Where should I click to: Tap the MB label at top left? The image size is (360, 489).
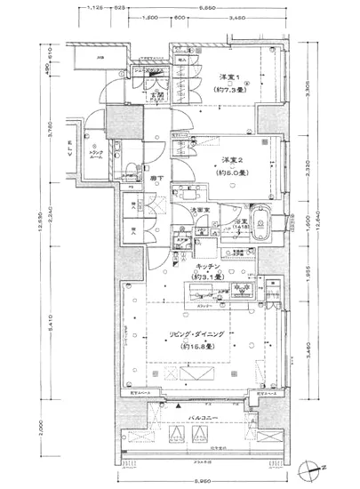click(100, 59)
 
